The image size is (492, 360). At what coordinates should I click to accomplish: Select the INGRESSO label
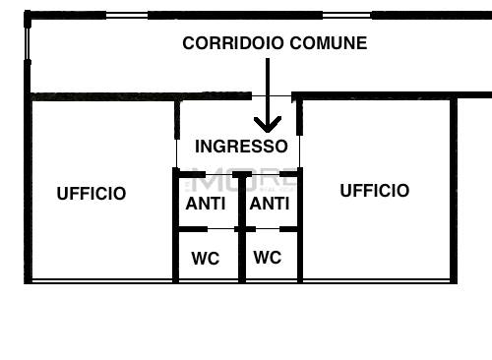(241, 147)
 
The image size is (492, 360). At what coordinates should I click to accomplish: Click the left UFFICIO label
(92, 194)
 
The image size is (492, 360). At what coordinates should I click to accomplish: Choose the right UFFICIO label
(375, 191)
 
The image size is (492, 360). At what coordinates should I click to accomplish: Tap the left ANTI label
(206, 204)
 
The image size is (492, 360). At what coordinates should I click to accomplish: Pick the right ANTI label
(269, 204)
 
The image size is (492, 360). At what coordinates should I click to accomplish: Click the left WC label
(206, 259)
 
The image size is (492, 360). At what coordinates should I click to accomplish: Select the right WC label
(268, 258)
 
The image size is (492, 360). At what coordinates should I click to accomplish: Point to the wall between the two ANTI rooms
(241, 202)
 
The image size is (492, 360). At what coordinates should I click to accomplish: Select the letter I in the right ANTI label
(286, 204)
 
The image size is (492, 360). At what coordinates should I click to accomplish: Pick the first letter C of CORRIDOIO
(189, 43)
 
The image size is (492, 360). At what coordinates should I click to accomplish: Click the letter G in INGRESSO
(219, 147)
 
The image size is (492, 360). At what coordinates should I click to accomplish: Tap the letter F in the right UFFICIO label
(359, 191)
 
